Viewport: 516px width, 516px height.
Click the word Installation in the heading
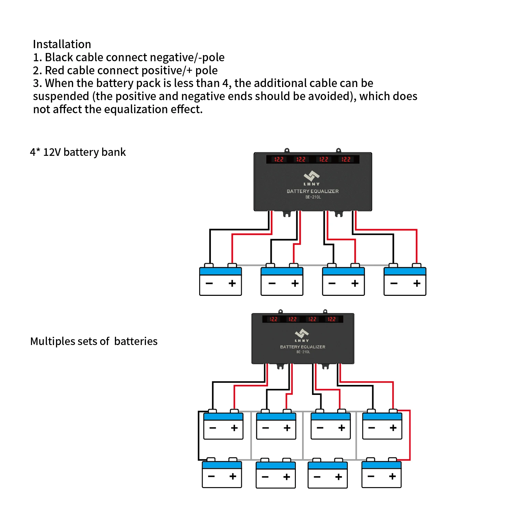(62, 44)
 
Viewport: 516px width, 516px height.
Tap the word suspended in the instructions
(61, 96)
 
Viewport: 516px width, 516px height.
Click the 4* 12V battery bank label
(78, 152)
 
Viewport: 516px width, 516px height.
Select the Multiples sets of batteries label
(94, 341)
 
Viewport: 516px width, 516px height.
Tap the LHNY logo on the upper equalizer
(312, 177)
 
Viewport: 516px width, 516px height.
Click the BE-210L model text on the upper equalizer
(313, 197)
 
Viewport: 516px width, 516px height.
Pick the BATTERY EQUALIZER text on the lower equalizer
(303, 347)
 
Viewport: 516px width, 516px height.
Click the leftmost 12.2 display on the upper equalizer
(279, 160)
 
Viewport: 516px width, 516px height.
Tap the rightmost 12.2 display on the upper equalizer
(346, 160)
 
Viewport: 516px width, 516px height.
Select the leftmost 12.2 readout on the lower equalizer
(273, 319)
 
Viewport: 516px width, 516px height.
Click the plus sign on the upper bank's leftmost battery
(232, 283)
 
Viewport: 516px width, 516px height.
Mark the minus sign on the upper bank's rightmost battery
(394, 283)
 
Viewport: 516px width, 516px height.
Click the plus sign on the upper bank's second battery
(295, 283)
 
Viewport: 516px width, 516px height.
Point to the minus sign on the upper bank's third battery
(332, 283)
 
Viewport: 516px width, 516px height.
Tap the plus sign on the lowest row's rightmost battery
(392, 476)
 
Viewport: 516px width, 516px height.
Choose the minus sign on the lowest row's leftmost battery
(211, 476)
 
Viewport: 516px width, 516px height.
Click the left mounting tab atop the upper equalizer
(287, 150)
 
